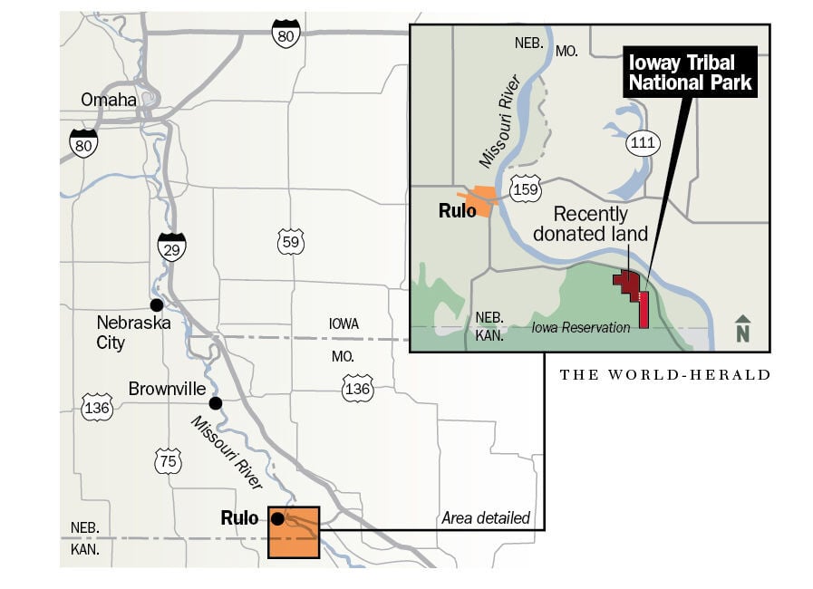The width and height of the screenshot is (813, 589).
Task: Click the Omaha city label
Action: (108, 100)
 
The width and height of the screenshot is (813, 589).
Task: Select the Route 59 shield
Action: (291, 242)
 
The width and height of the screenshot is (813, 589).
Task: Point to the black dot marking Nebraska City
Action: (157, 304)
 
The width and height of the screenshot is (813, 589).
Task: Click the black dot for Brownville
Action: (215, 403)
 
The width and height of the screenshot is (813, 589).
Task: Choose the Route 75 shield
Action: (169, 459)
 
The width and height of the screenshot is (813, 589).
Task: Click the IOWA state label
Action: (344, 323)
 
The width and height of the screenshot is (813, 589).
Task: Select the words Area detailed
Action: (485, 518)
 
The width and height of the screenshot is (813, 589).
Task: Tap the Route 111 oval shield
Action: (644, 142)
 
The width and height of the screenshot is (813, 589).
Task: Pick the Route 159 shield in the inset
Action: (525, 189)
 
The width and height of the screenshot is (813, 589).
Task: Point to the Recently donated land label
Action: (590, 224)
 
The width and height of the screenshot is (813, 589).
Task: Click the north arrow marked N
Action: (743, 329)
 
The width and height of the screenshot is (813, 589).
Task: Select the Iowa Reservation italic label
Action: (580, 327)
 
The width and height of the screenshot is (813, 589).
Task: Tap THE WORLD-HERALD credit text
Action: (664, 374)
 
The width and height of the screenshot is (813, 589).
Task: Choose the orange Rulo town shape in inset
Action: (480, 201)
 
